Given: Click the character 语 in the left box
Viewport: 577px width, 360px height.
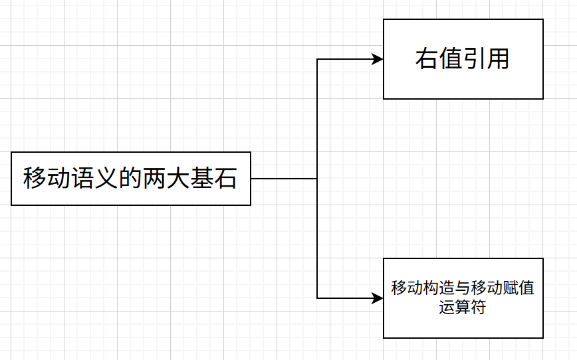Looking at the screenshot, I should [82, 179].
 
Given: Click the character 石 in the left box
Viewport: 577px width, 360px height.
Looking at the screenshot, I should [226, 179].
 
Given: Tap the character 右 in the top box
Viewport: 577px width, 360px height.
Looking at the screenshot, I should [427, 59].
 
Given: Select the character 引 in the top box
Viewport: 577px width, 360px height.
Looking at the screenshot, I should [475, 59].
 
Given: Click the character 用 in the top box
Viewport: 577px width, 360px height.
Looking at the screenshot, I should [498, 59].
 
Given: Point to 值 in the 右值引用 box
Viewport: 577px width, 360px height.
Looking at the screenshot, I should [451, 59].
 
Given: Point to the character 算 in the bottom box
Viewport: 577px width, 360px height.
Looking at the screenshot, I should [463, 308].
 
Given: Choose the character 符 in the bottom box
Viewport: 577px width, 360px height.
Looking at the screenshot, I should [479, 308].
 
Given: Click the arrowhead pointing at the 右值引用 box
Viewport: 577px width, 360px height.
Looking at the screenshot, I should [379, 59].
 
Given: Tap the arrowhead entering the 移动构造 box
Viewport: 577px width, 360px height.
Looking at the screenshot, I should [379, 298].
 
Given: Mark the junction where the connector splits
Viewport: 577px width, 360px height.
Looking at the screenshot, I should [317, 179].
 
